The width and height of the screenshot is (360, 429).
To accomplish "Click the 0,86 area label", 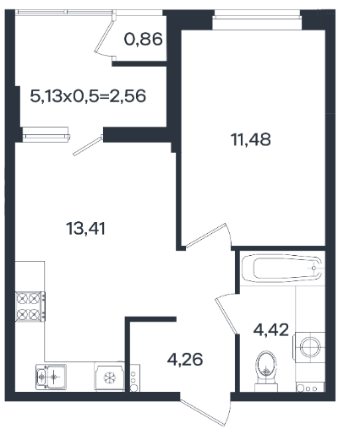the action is [143, 39].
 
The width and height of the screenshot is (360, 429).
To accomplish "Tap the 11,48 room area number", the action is [251, 139].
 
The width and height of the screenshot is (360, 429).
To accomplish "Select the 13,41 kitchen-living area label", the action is [85, 228].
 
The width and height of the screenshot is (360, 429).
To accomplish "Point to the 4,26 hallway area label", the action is [185, 360].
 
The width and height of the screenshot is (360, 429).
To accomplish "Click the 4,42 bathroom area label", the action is [271, 329].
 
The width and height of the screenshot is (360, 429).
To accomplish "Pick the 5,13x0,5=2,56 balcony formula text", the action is [88, 96].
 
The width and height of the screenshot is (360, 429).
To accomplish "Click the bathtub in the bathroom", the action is [281, 269].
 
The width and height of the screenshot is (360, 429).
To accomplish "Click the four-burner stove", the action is [30, 307].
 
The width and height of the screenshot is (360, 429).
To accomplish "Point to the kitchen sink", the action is [52, 377].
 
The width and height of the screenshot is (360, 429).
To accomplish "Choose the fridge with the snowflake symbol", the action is [109, 377].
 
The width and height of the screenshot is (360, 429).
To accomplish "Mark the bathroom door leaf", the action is [226, 315].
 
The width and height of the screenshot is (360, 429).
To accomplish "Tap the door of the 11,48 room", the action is [206, 236].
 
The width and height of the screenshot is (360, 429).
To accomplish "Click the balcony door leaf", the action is [88, 145].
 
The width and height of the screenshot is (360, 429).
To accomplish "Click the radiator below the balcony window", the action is [46, 133].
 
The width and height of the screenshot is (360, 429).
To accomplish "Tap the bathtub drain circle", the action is [314, 269].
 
